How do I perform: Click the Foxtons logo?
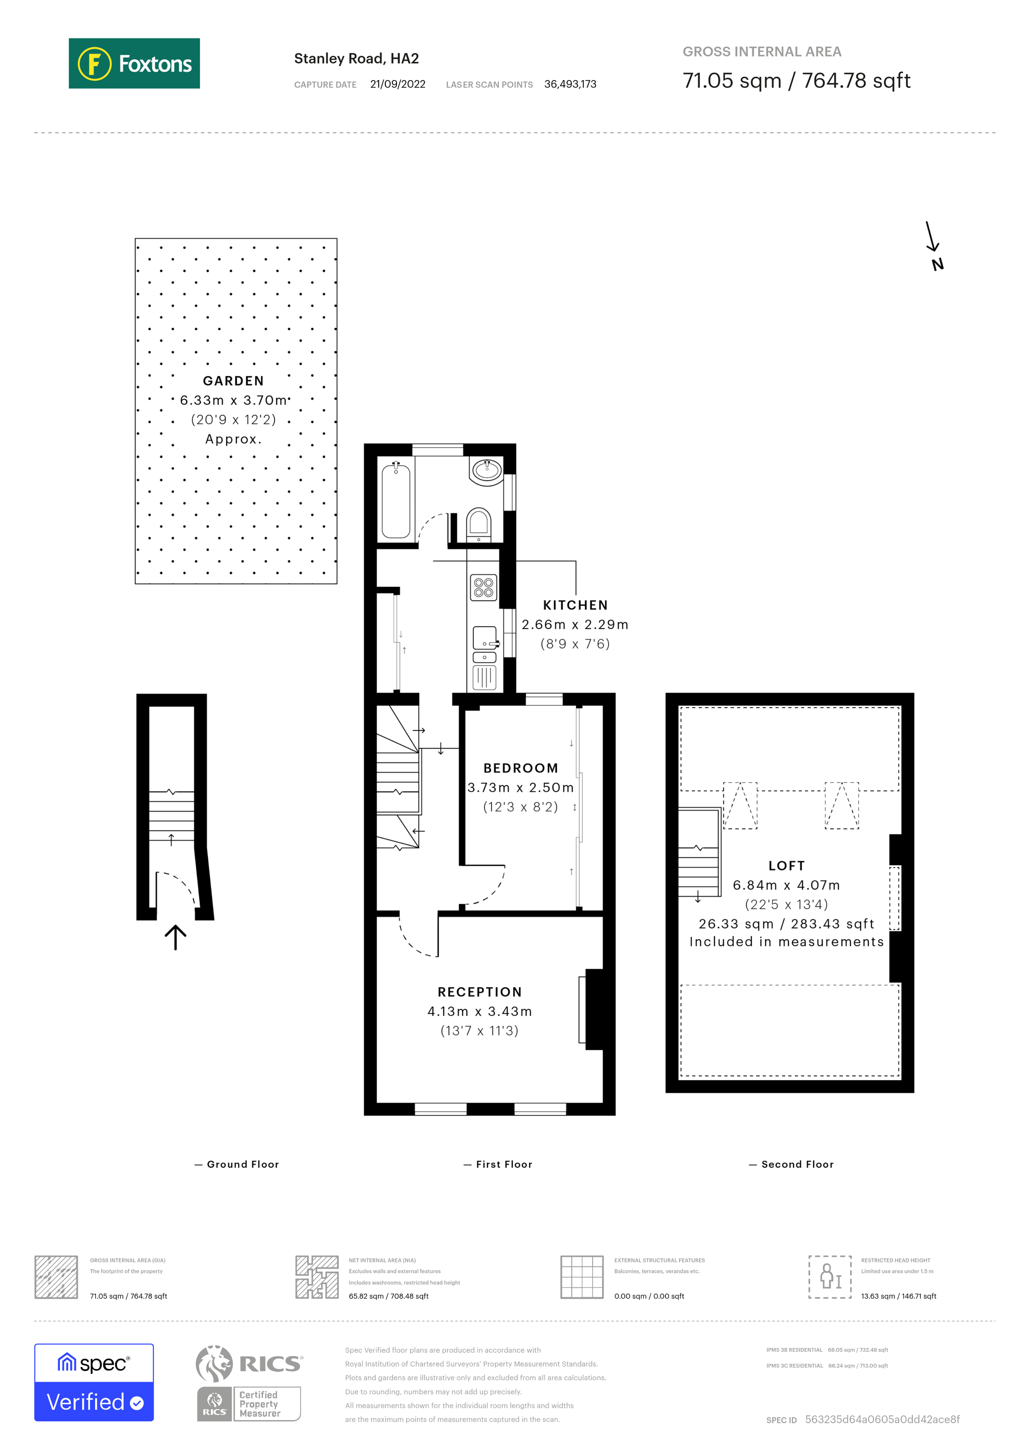(x=134, y=63)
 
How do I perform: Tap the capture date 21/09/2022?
(x=397, y=84)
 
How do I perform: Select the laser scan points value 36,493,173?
(x=570, y=84)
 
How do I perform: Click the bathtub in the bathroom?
(x=396, y=501)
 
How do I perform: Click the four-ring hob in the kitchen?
(x=483, y=587)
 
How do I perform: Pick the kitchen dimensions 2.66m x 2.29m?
(x=574, y=625)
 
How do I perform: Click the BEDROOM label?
(x=521, y=768)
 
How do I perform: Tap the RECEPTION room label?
(x=479, y=992)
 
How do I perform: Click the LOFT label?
(x=787, y=866)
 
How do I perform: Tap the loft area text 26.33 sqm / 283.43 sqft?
(x=787, y=924)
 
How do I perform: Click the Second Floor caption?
(x=797, y=1164)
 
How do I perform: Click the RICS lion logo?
(x=214, y=1363)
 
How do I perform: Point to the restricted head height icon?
(x=830, y=1277)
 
